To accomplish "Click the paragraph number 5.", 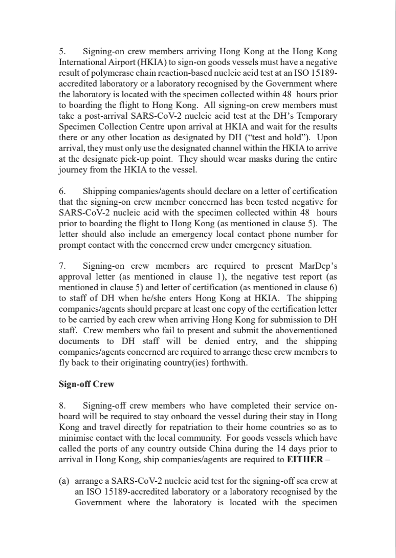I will [x=62, y=52].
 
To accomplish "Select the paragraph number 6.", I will [x=62, y=191].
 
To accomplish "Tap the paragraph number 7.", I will [x=62, y=266].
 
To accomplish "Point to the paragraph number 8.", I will [x=62, y=406].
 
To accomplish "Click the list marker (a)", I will [x=65, y=481].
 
